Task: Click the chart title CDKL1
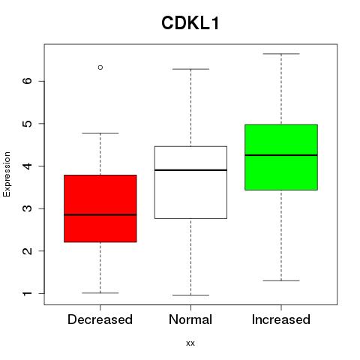click(x=190, y=23)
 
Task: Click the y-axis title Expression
click(x=7, y=174)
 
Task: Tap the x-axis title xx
click(x=190, y=343)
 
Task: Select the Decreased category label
click(x=100, y=319)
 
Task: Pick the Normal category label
click(x=190, y=319)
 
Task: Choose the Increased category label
click(x=281, y=319)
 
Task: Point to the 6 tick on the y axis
click(x=28, y=81)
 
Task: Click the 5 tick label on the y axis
click(x=28, y=124)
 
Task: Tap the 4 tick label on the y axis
click(x=28, y=166)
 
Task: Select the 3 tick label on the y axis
click(x=28, y=208)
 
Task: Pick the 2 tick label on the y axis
click(x=28, y=250)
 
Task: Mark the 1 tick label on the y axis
click(x=28, y=293)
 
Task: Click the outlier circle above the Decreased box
click(x=100, y=67)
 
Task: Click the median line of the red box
click(x=100, y=214)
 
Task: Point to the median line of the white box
click(x=190, y=170)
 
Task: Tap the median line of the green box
click(x=281, y=155)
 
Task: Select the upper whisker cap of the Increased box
click(x=281, y=54)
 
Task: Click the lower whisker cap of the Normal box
click(x=190, y=295)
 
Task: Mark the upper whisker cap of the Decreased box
click(x=100, y=133)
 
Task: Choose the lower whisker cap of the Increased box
click(x=281, y=280)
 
